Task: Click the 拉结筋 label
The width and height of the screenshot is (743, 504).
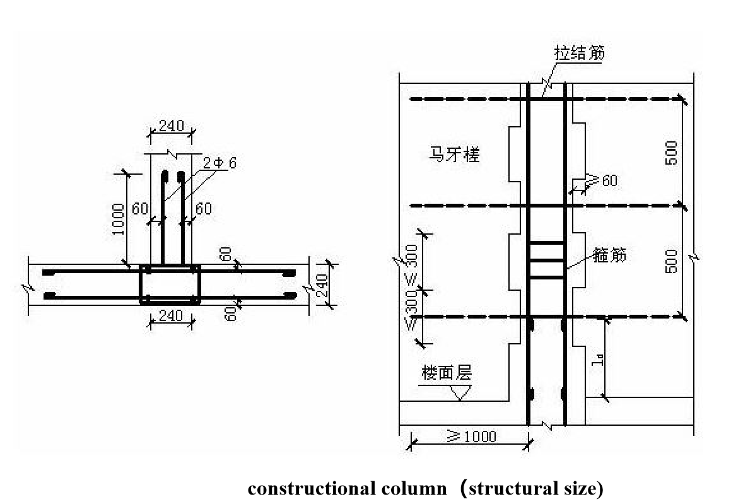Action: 580,53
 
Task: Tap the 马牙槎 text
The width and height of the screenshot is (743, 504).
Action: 454,155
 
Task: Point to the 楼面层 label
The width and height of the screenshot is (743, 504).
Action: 446,373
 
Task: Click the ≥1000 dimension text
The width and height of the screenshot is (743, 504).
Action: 471,437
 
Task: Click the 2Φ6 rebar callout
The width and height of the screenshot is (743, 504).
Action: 219,163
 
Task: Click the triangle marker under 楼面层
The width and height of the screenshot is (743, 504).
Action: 460,392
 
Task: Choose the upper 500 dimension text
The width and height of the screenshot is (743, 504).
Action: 672,153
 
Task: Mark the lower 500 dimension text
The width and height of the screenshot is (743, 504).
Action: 672,261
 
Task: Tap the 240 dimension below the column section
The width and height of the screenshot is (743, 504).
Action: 170,315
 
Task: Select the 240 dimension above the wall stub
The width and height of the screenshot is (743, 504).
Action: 171,126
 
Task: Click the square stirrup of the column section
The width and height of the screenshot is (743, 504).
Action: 170,284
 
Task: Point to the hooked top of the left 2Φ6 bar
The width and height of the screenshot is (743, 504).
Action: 165,175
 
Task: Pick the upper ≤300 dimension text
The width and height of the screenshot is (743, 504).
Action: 411,261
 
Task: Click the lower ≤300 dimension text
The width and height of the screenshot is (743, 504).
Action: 411,308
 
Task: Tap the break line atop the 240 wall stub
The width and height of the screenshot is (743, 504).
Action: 171,153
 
